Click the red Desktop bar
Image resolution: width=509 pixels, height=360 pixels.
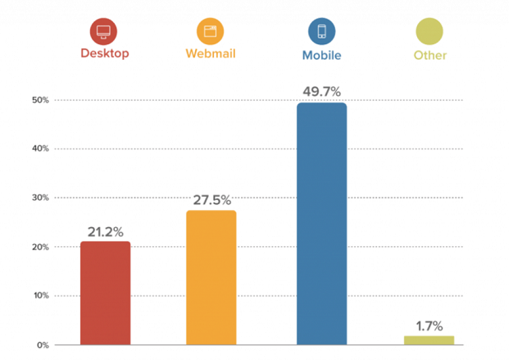(105, 293)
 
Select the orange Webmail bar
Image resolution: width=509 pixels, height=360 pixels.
(211, 277)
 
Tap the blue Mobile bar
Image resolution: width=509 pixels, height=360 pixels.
(321, 223)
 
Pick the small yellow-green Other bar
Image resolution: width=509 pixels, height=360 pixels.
(429, 340)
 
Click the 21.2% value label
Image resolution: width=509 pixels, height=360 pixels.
(105, 230)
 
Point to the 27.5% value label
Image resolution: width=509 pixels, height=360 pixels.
(211, 199)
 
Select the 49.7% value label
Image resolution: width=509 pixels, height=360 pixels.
(321, 91)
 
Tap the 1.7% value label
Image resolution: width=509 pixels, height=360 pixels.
(429, 326)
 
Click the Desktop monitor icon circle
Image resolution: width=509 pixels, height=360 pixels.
(103, 32)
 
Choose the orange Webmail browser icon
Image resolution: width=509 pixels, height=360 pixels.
(211, 32)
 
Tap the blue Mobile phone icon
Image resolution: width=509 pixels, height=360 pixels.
(321, 32)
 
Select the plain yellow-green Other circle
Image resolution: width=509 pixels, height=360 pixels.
(429, 32)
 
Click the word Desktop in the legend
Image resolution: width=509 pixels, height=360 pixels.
(104, 54)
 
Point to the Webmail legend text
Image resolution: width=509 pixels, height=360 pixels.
(211, 55)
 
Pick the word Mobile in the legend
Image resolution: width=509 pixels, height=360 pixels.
(321, 56)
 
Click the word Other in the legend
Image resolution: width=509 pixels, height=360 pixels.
(429, 56)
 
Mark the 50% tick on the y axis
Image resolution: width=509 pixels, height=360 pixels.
(40, 100)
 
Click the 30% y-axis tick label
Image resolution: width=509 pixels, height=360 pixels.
(40, 198)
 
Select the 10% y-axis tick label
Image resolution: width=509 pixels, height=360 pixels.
(40, 296)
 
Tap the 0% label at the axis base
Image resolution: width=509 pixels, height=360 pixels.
(43, 345)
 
